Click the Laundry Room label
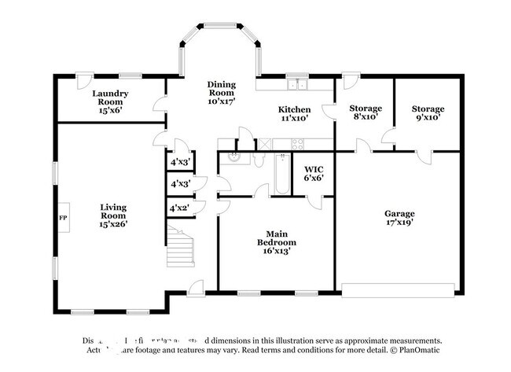point(113,101)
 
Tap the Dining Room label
point(221,93)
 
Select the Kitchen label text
point(295,113)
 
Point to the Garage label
point(399,218)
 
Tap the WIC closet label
point(314,173)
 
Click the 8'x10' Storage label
point(366,112)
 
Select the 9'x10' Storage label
point(428,112)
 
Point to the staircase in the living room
point(181,245)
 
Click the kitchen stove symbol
point(297,143)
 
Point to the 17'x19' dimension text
point(399,223)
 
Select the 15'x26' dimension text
point(113,223)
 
